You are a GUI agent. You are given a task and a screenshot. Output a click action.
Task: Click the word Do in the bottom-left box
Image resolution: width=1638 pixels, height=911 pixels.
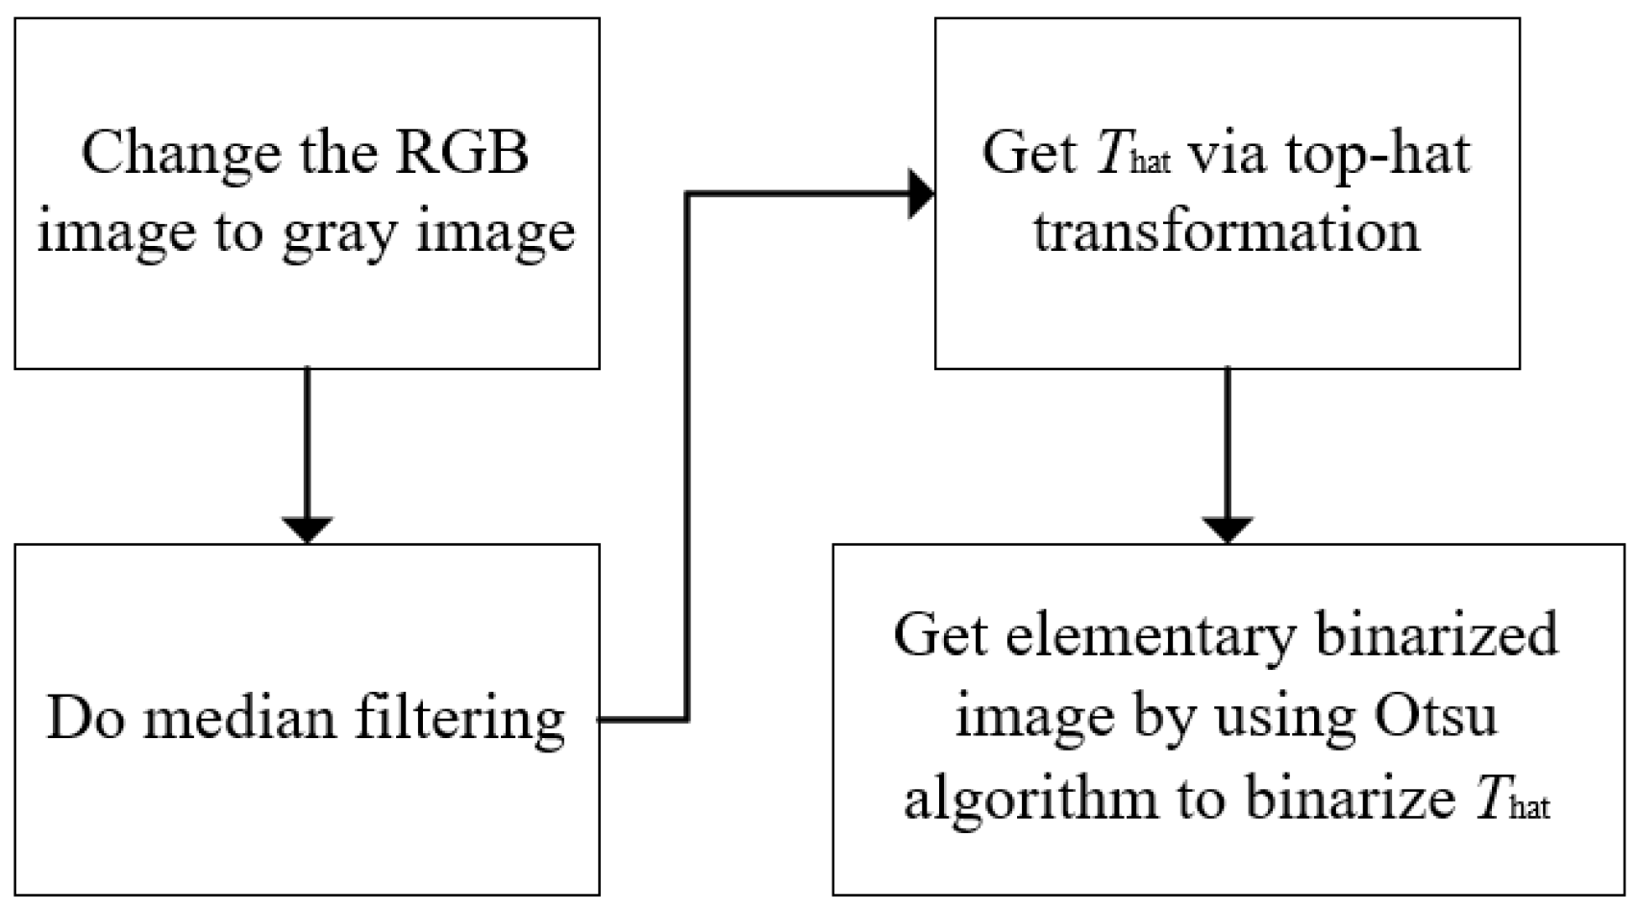[85, 719]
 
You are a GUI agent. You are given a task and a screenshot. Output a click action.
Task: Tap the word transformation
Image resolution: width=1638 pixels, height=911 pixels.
[1227, 232]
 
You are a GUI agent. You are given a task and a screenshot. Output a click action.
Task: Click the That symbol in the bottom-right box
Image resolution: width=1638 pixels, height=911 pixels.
[1513, 800]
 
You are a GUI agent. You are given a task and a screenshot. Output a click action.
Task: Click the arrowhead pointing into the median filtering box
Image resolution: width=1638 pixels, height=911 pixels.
[307, 529]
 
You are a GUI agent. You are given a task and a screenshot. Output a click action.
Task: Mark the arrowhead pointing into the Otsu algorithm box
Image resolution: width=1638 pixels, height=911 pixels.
[1228, 529]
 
